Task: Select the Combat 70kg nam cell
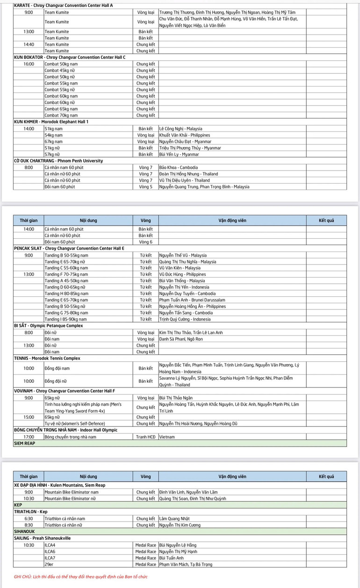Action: pos(61,115)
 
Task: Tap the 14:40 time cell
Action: pos(29,44)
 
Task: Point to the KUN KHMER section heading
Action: pos(51,122)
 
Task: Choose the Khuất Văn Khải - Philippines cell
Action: pos(185,135)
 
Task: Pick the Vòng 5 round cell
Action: pos(145,186)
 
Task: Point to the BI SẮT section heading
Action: pos(49,326)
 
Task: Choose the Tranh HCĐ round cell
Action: pos(145,437)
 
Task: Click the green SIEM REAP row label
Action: pos(24,443)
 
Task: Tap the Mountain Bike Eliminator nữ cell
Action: pos(73,498)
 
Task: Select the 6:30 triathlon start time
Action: pos(29,518)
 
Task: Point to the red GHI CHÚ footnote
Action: pos(81,577)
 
